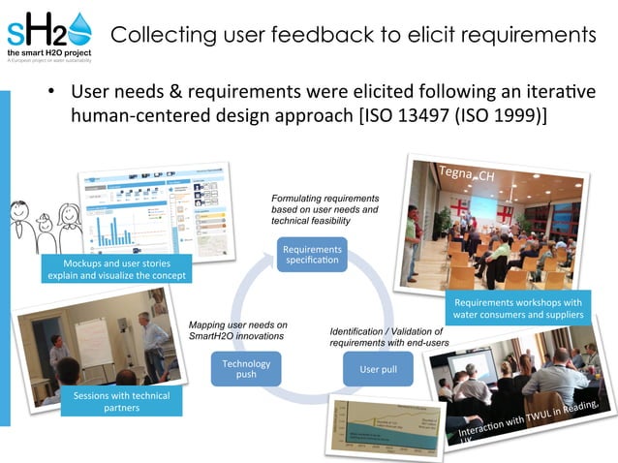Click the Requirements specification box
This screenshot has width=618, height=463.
312,257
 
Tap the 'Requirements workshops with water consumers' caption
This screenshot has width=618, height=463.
517,309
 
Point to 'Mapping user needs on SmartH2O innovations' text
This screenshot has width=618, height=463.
238,329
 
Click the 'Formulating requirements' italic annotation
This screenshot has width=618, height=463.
325,209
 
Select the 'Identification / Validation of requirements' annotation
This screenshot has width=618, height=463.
391,337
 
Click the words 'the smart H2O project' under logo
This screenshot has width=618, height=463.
48,52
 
